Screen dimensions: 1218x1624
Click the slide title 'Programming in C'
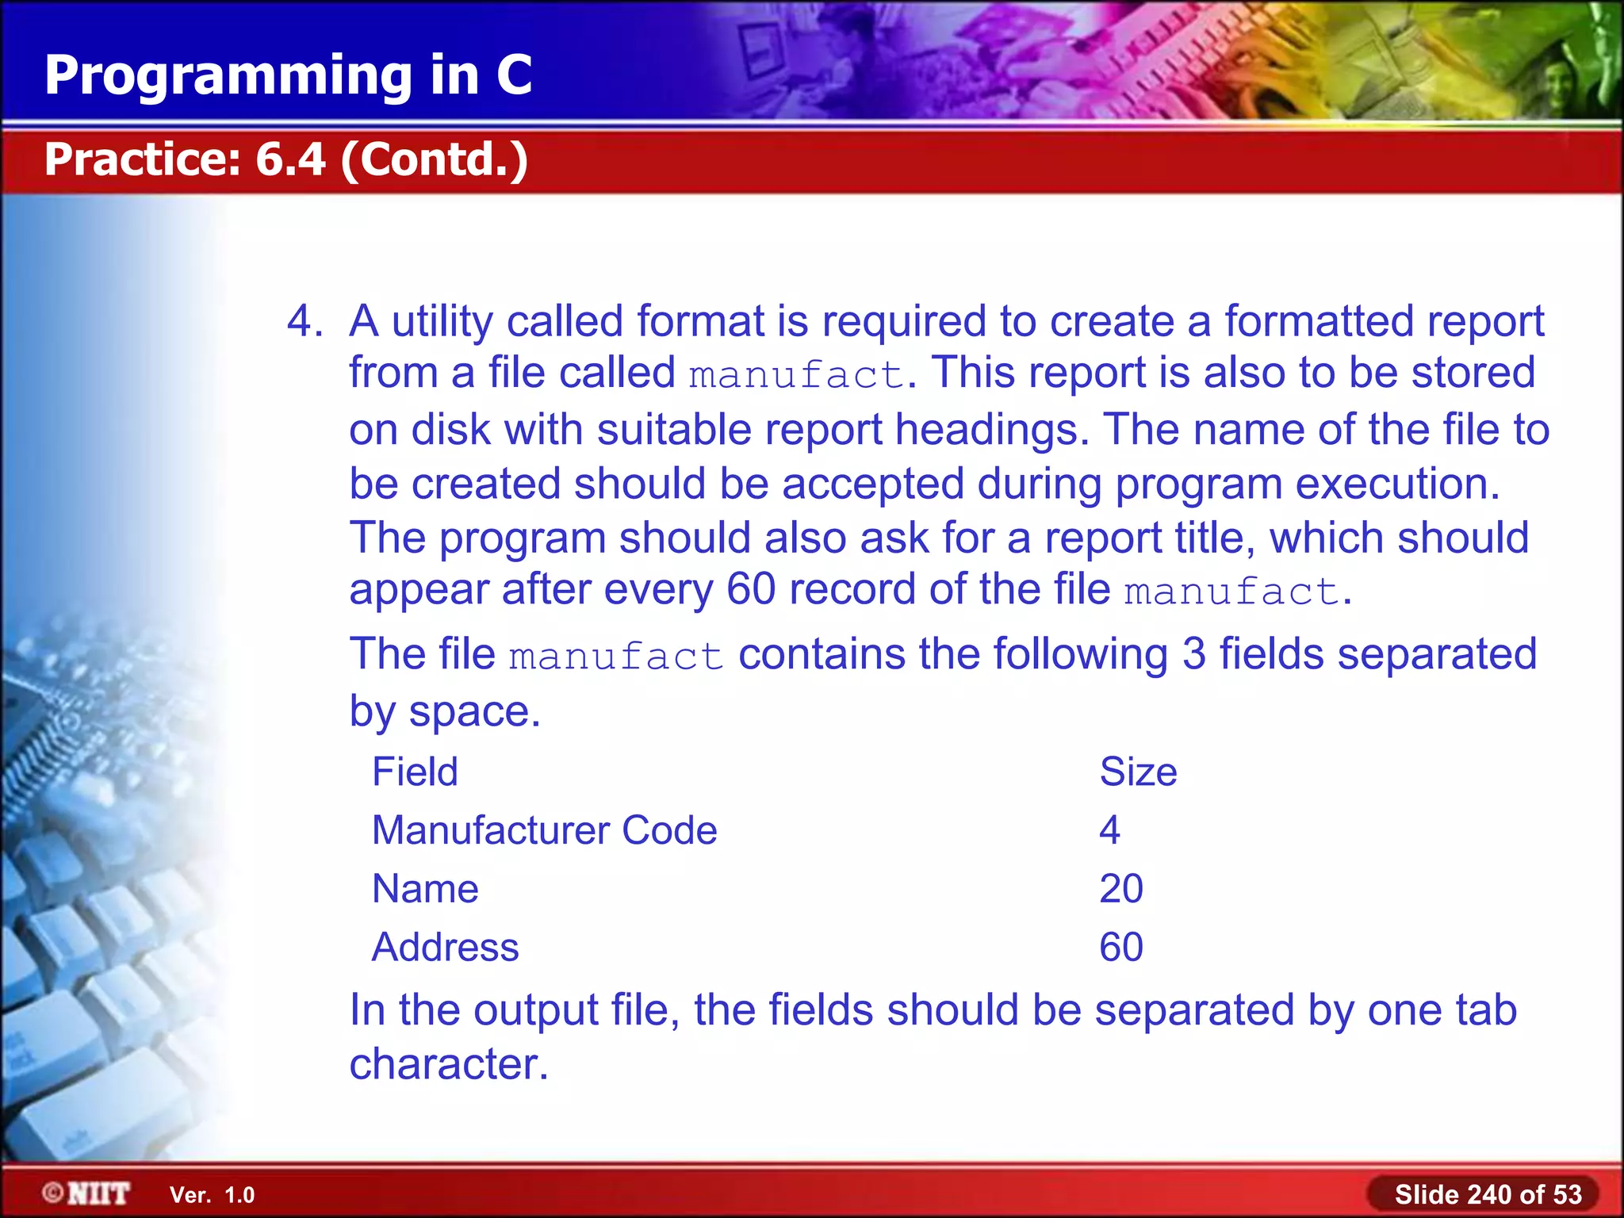[x=288, y=75]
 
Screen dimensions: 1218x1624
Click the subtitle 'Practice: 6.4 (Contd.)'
[x=285, y=159]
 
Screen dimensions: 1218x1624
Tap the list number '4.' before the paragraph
[x=304, y=322]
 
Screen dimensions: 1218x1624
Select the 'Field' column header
[x=415, y=772]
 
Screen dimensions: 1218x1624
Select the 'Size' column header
[x=1138, y=772]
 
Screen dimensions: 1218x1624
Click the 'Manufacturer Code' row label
[x=544, y=830]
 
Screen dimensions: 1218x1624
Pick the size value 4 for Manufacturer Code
[x=1109, y=830]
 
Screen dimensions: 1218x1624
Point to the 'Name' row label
[x=425, y=889]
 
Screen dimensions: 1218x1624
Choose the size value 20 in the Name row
[x=1120, y=889]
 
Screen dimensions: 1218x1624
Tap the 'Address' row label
[x=445, y=948]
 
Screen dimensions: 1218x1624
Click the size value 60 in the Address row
[x=1120, y=948]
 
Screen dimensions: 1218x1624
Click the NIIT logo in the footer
[x=86, y=1193]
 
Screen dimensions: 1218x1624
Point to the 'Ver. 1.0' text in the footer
[x=212, y=1195]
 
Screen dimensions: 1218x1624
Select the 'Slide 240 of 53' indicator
[x=1488, y=1194]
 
